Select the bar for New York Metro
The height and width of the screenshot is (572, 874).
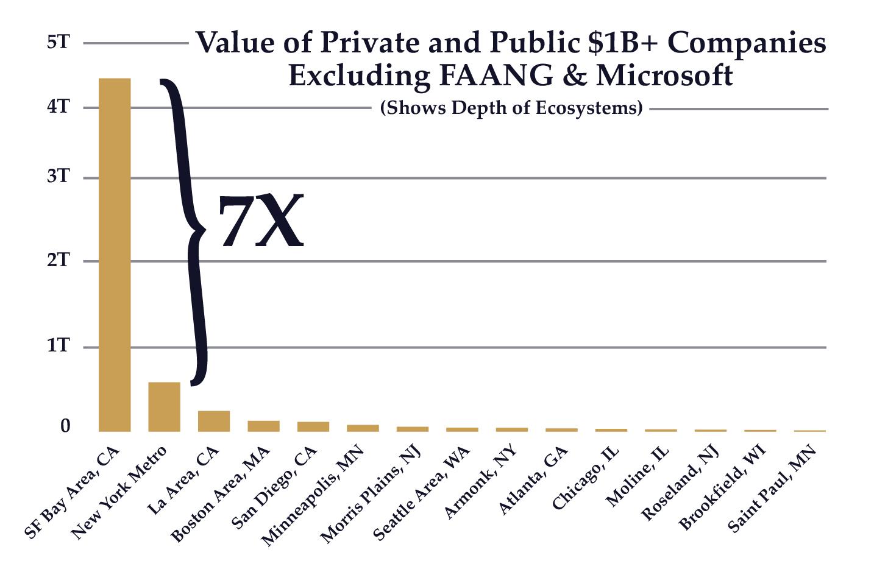pyautogui.click(x=165, y=406)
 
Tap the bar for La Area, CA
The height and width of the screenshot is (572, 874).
pyautogui.click(x=214, y=421)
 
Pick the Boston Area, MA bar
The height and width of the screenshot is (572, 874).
pyautogui.click(x=263, y=426)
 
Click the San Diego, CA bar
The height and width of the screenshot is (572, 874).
pyautogui.click(x=313, y=426)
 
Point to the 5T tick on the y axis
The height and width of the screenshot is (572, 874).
pyautogui.click(x=59, y=43)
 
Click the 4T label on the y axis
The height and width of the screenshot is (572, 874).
pyautogui.click(x=59, y=107)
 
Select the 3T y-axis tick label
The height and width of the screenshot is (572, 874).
pyautogui.click(x=59, y=177)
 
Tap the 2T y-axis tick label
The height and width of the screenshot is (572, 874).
pyautogui.click(x=59, y=260)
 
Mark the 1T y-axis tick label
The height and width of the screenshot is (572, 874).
pyautogui.click(x=59, y=346)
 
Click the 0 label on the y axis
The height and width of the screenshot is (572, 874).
pyautogui.click(x=65, y=426)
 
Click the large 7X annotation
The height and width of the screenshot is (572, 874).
pyautogui.click(x=260, y=222)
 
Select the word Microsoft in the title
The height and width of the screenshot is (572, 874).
pyautogui.click(x=664, y=76)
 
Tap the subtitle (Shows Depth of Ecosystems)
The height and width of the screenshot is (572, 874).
pyautogui.click(x=511, y=108)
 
